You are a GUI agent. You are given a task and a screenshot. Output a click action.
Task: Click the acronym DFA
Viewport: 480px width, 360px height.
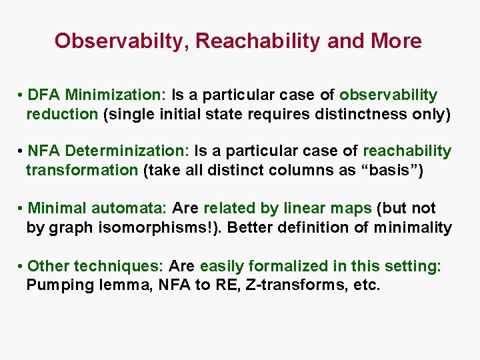coord(45,95)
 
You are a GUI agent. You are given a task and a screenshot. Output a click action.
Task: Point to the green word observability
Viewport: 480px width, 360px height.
coord(388,95)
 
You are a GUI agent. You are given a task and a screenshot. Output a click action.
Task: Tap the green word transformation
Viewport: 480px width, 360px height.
coord(81,170)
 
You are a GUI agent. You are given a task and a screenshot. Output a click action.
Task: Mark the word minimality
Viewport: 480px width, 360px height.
coord(413,227)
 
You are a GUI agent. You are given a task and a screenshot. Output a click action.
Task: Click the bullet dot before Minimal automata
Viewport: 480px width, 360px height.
coord(21,209)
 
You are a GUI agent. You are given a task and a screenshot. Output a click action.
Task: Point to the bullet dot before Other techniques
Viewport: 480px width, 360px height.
coord(21,267)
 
